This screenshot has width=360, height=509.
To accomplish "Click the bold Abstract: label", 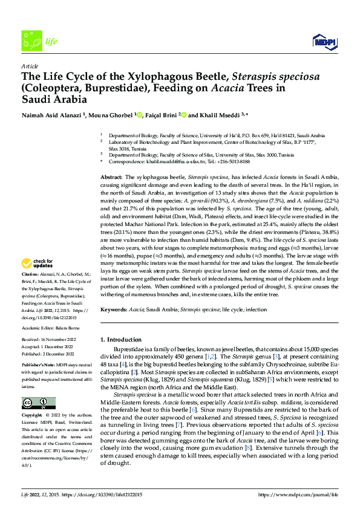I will [x=113, y=175].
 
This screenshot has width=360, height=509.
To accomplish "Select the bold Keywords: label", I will [x=114, y=309].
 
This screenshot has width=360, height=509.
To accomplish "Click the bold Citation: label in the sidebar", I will [x=31, y=274].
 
